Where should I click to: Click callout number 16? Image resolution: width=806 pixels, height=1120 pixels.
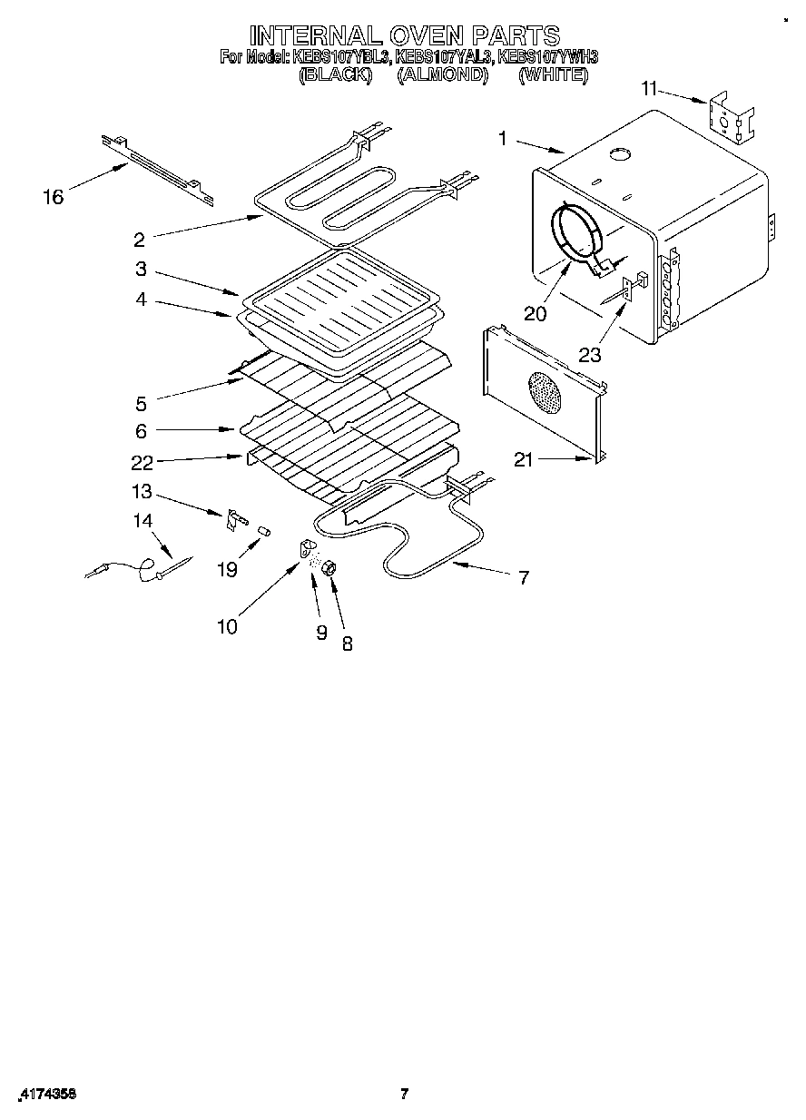(54, 196)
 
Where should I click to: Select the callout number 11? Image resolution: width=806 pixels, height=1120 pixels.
(648, 88)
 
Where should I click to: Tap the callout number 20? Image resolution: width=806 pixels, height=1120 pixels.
(536, 313)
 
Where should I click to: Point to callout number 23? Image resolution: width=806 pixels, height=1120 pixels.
(590, 354)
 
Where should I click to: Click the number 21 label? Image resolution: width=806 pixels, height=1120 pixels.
(525, 460)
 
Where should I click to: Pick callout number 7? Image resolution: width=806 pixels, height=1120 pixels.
(524, 576)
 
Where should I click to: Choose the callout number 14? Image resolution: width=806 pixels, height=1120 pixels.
(143, 521)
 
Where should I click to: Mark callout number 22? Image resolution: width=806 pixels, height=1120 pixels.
(142, 462)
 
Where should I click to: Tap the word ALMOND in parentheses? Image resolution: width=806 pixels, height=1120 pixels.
(443, 75)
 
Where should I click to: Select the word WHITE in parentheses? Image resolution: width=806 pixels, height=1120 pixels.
(553, 75)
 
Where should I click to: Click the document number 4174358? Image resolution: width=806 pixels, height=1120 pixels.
(45, 1095)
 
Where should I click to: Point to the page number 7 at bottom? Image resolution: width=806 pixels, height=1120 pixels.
(405, 1094)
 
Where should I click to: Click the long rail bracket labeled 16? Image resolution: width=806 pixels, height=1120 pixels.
(159, 165)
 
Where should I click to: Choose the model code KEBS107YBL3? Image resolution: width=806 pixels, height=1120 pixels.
(339, 57)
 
